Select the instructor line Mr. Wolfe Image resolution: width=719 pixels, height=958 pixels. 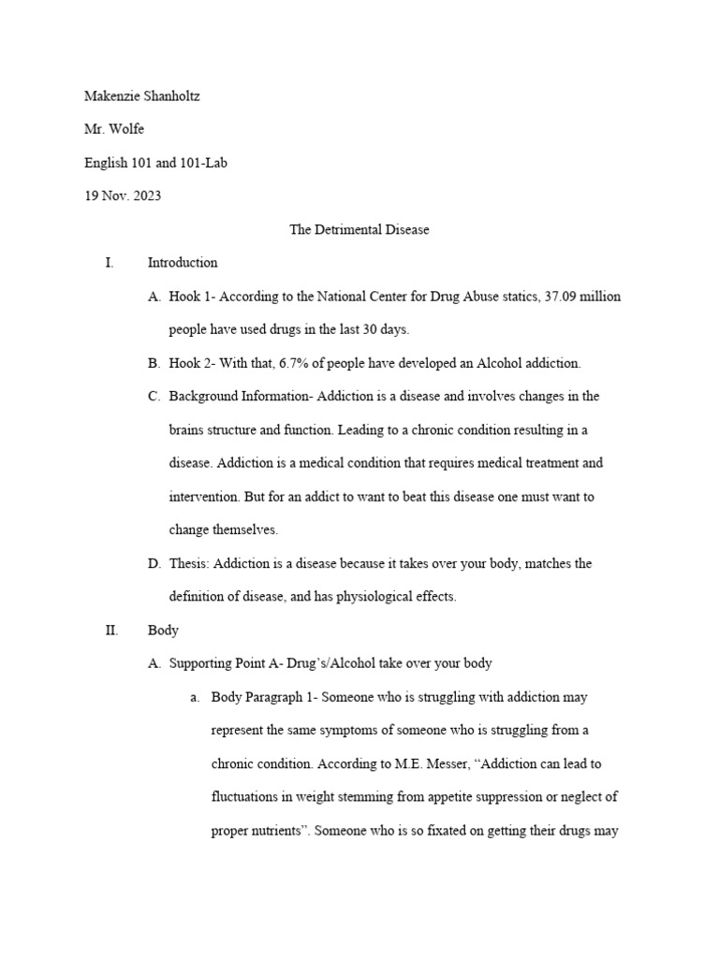[x=114, y=129]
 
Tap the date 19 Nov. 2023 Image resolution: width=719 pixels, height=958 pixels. [x=124, y=196]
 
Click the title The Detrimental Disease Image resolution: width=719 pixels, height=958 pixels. [x=359, y=229]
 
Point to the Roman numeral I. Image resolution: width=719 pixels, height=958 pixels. [x=110, y=263]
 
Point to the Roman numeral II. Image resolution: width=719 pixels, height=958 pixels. [x=110, y=631]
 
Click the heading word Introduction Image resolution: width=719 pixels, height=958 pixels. [x=183, y=263]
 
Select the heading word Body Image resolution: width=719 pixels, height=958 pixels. [x=163, y=631]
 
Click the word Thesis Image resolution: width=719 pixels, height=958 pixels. [x=189, y=563]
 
